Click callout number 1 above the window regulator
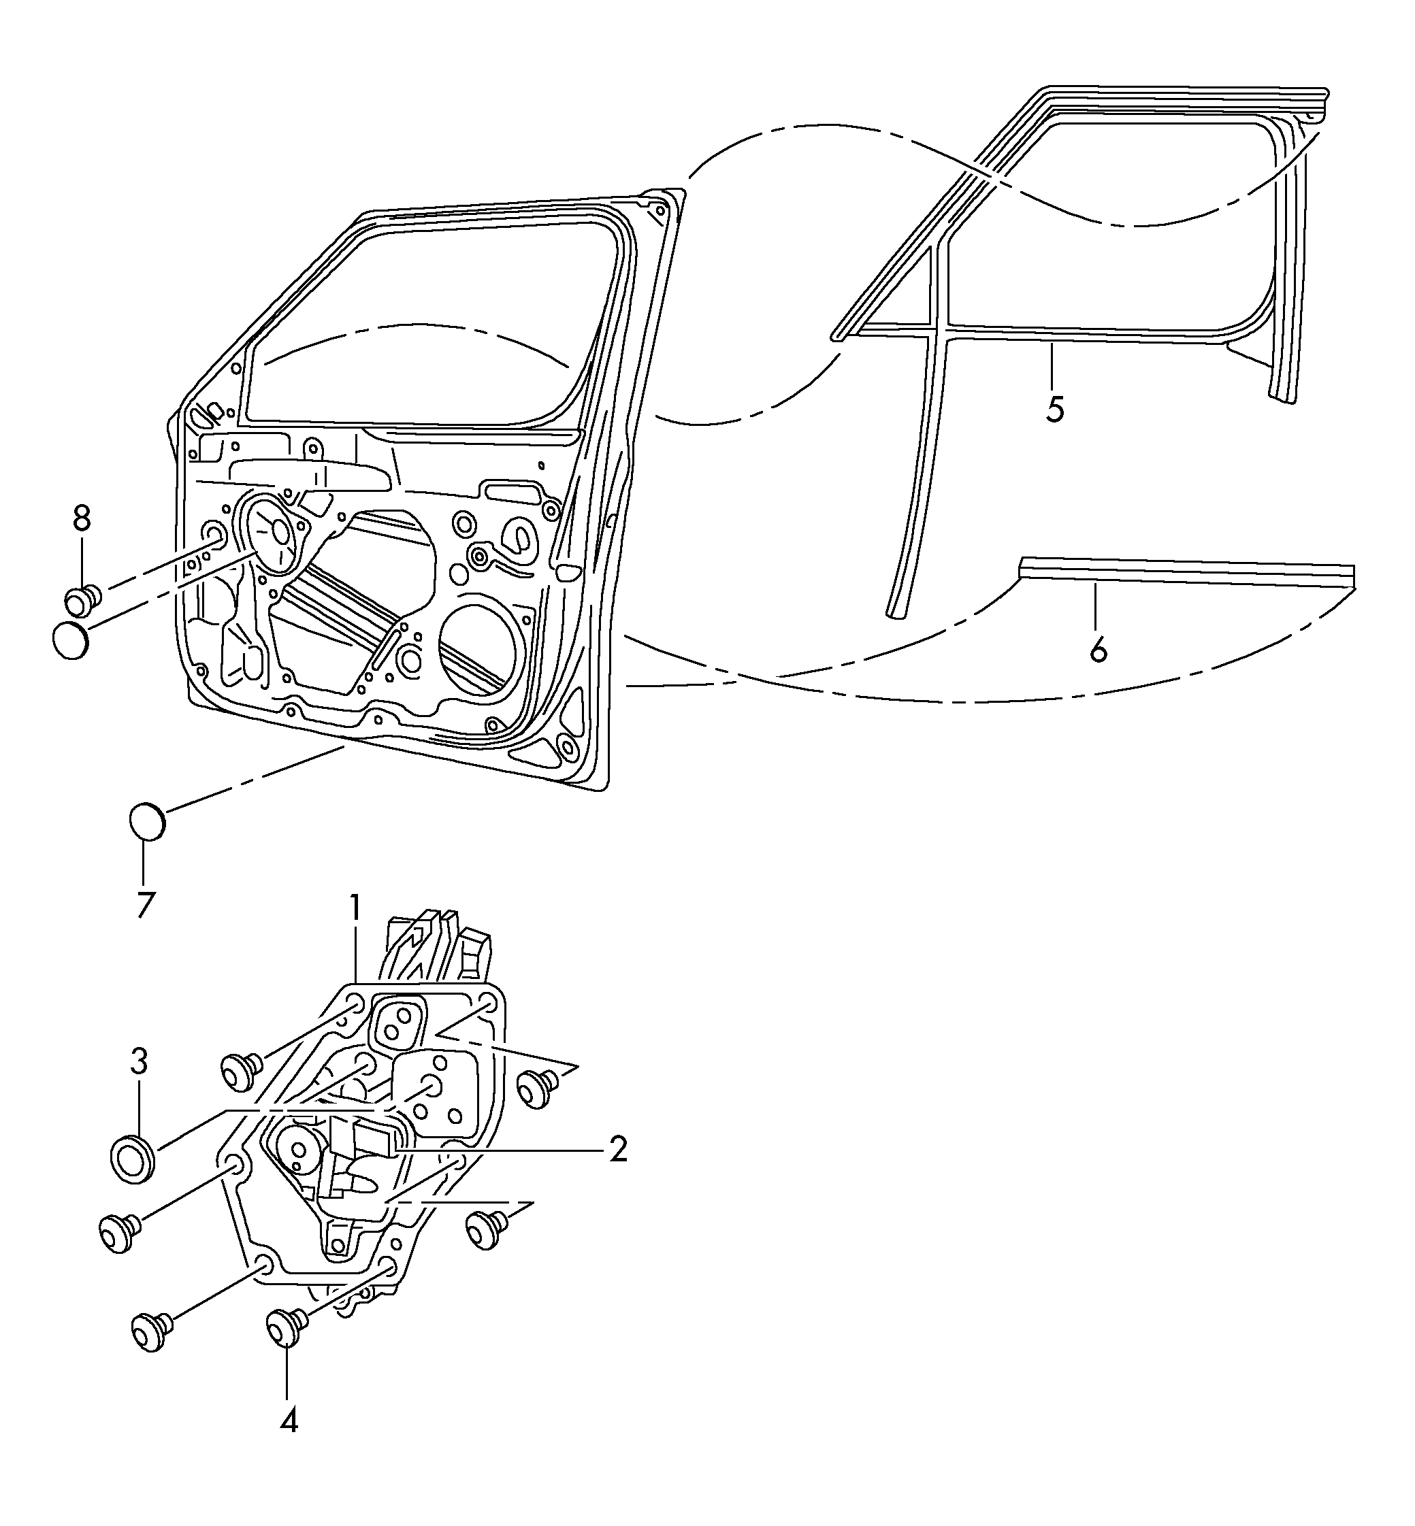click(355, 908)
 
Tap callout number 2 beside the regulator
click(617, 1150)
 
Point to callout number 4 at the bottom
click(289, 1421)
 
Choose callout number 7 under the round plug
click(146, 905)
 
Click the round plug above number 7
click(146, 821)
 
